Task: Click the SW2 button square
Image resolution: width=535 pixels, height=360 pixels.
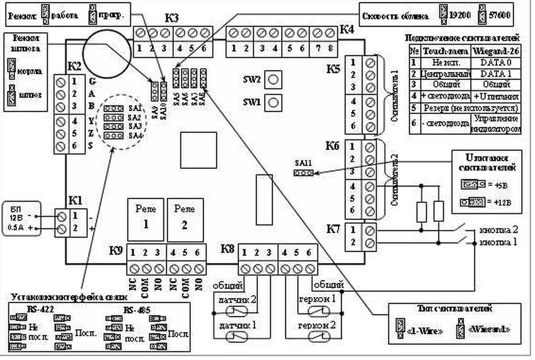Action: click(273, 79)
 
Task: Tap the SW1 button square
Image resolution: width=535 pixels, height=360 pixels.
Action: click(273, 101)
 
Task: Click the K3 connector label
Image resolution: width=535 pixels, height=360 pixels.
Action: click(172, 18)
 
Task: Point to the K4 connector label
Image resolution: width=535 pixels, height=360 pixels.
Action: click(347, 28)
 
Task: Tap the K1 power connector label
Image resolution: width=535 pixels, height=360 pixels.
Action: click(76, 200)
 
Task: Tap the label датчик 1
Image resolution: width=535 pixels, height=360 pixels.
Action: click(232, 325)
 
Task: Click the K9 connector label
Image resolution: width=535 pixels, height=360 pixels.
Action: click(115, 250)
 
